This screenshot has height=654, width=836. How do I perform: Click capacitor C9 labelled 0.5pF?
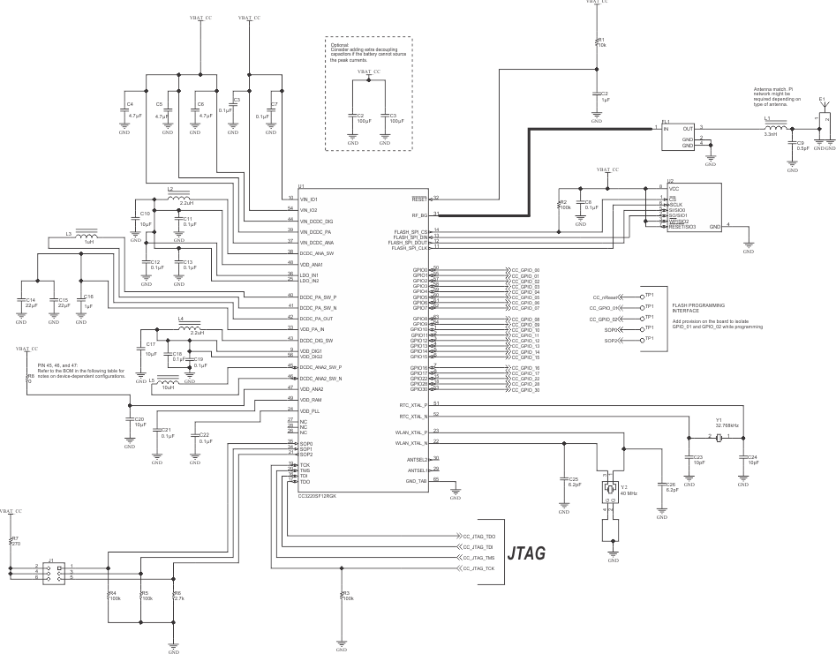[792, 144]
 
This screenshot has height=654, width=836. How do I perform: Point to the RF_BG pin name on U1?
[419, 214]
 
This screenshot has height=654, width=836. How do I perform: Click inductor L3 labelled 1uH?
[86, 238]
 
